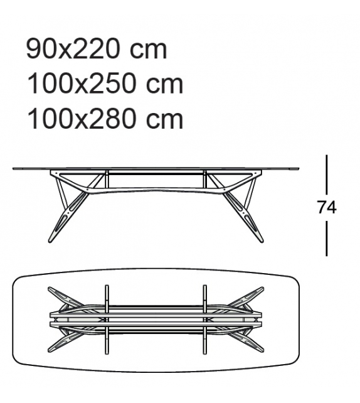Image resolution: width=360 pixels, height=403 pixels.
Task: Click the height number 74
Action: point(327,207)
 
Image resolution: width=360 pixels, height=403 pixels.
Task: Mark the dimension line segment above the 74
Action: point(327,174)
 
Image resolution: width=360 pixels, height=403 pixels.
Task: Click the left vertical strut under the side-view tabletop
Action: point(107,178)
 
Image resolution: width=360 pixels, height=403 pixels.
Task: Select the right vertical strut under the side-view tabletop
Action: point(205,178)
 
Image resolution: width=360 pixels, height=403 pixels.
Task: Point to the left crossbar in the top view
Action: point(107,320)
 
